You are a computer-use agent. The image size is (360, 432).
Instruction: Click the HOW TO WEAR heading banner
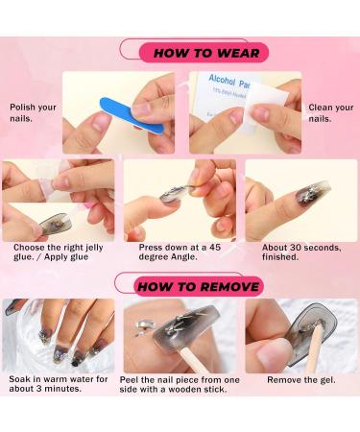tap(204, 53)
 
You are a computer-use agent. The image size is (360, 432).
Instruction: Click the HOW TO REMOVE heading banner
tap(197, 286)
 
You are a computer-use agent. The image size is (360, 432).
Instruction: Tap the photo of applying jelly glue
tap(58, 200)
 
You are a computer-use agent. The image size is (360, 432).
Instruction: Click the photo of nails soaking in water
tap(58, 336)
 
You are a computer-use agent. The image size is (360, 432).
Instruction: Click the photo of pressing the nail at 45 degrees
tap(180, 200)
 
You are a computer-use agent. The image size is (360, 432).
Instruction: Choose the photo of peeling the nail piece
tap(180, 336)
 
